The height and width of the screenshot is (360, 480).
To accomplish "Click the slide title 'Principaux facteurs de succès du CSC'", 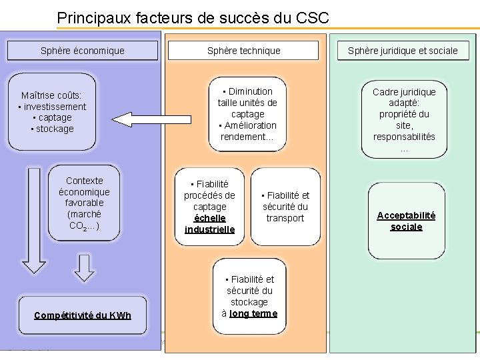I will [x=193, y=17].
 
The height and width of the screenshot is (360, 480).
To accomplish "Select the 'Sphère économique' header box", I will [x=82, y=51].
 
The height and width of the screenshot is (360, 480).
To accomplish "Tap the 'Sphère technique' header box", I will [x=243, y=51].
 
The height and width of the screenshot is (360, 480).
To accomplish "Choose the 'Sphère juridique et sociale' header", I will [x=403, y=51].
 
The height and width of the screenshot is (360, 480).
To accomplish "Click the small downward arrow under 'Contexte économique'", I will [x=83, y=267].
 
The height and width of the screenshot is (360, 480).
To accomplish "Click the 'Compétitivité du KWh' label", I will [x=83, y=315].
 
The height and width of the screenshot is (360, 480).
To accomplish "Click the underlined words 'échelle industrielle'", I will [x=209, y=224].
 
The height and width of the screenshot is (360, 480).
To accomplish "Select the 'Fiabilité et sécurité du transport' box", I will [x=285, y=207].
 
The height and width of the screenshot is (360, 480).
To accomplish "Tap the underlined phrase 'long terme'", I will [x=253, y=313].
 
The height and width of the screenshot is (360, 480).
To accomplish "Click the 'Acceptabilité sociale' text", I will [x=406, y=221].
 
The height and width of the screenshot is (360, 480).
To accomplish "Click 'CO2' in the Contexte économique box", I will [x=79, y=226].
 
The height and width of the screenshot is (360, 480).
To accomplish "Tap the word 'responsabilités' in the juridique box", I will [x=404, y=137].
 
